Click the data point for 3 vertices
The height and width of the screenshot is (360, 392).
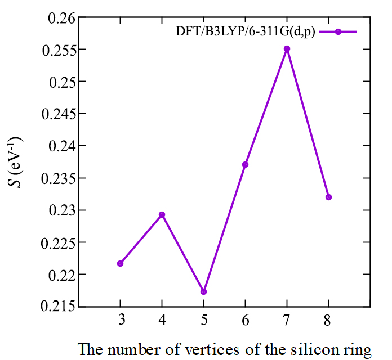tap(121, 263)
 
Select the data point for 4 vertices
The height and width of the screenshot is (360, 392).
tap(162, 214)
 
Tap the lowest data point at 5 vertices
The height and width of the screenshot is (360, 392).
tap(203, 291)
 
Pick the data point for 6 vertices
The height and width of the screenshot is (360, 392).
tap(245, 164)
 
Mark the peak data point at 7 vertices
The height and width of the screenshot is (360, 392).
tap(287, 48)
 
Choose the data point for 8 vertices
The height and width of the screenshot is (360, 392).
tap(328, 197)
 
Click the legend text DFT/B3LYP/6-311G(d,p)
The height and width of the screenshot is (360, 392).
tap(245, 32)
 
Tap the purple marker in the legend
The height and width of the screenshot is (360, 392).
tap(338, 32)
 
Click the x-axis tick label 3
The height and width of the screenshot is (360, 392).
tap(121, 321)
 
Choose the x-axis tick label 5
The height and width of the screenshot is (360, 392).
tap(203, 321)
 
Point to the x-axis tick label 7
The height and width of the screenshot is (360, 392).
tap(287, 321)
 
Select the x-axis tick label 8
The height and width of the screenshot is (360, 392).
tap(328, 321)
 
